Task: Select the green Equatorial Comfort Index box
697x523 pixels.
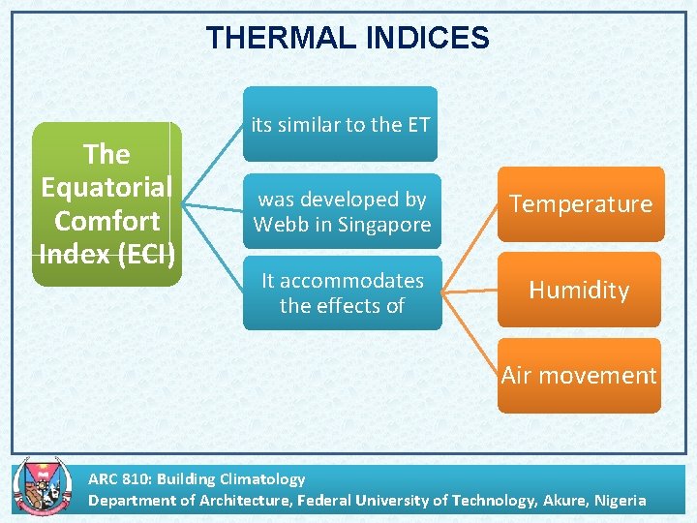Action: pyautogui.click(x=107, y=204)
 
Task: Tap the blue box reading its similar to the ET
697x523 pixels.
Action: pyautogui.click(x=340, y=124)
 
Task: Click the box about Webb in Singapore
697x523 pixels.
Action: pyautogui.click(x=342, y=212)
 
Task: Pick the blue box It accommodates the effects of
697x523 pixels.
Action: pyautogui.click(x=342, y=292)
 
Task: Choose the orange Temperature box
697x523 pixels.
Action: pyautogui.click(x=581, y=204)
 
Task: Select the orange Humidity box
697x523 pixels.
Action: pyautogui.click(x=579, y=290)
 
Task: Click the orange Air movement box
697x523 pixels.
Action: pyautogui.click(x=579, y=376)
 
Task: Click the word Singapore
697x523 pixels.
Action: pyautogui.click(x=384, y=225)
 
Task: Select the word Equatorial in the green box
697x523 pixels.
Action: pyautogui.click(x=106, y=187)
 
